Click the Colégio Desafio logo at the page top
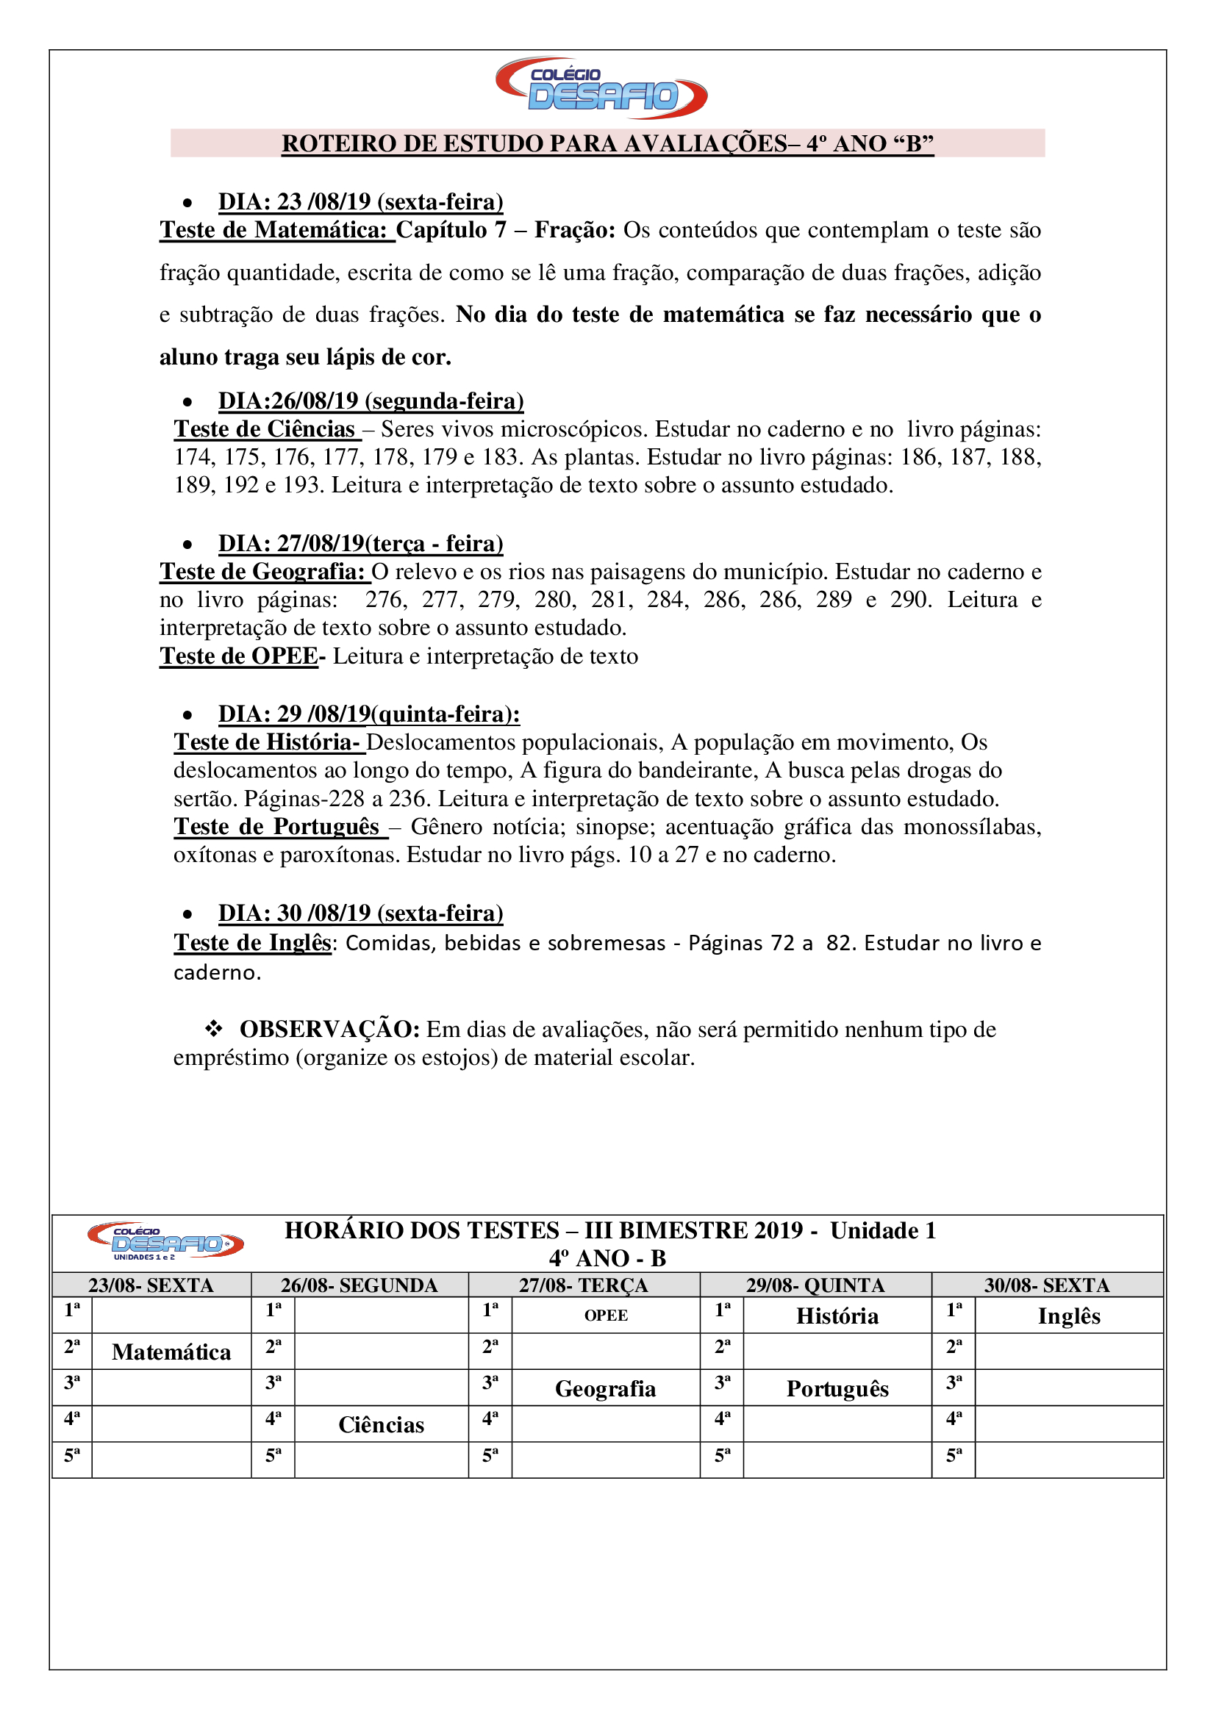(601, 87)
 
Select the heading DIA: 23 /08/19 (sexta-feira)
(360, 202)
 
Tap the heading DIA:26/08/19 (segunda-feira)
(371, 401)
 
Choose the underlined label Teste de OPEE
(239, 656)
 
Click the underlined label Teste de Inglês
(252, 943)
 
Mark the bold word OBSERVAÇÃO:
(329, 1030)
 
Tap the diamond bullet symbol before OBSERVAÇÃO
(214, 1030)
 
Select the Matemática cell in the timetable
(171, 1352)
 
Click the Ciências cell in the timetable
(381, 1425)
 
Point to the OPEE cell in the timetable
(606, 1316)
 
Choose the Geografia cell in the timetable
(605, 1389)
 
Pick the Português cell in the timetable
(837, 1389)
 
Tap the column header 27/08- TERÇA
(583, 1285)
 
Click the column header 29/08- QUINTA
(815, 1285)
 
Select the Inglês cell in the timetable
(1068, 1316)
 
